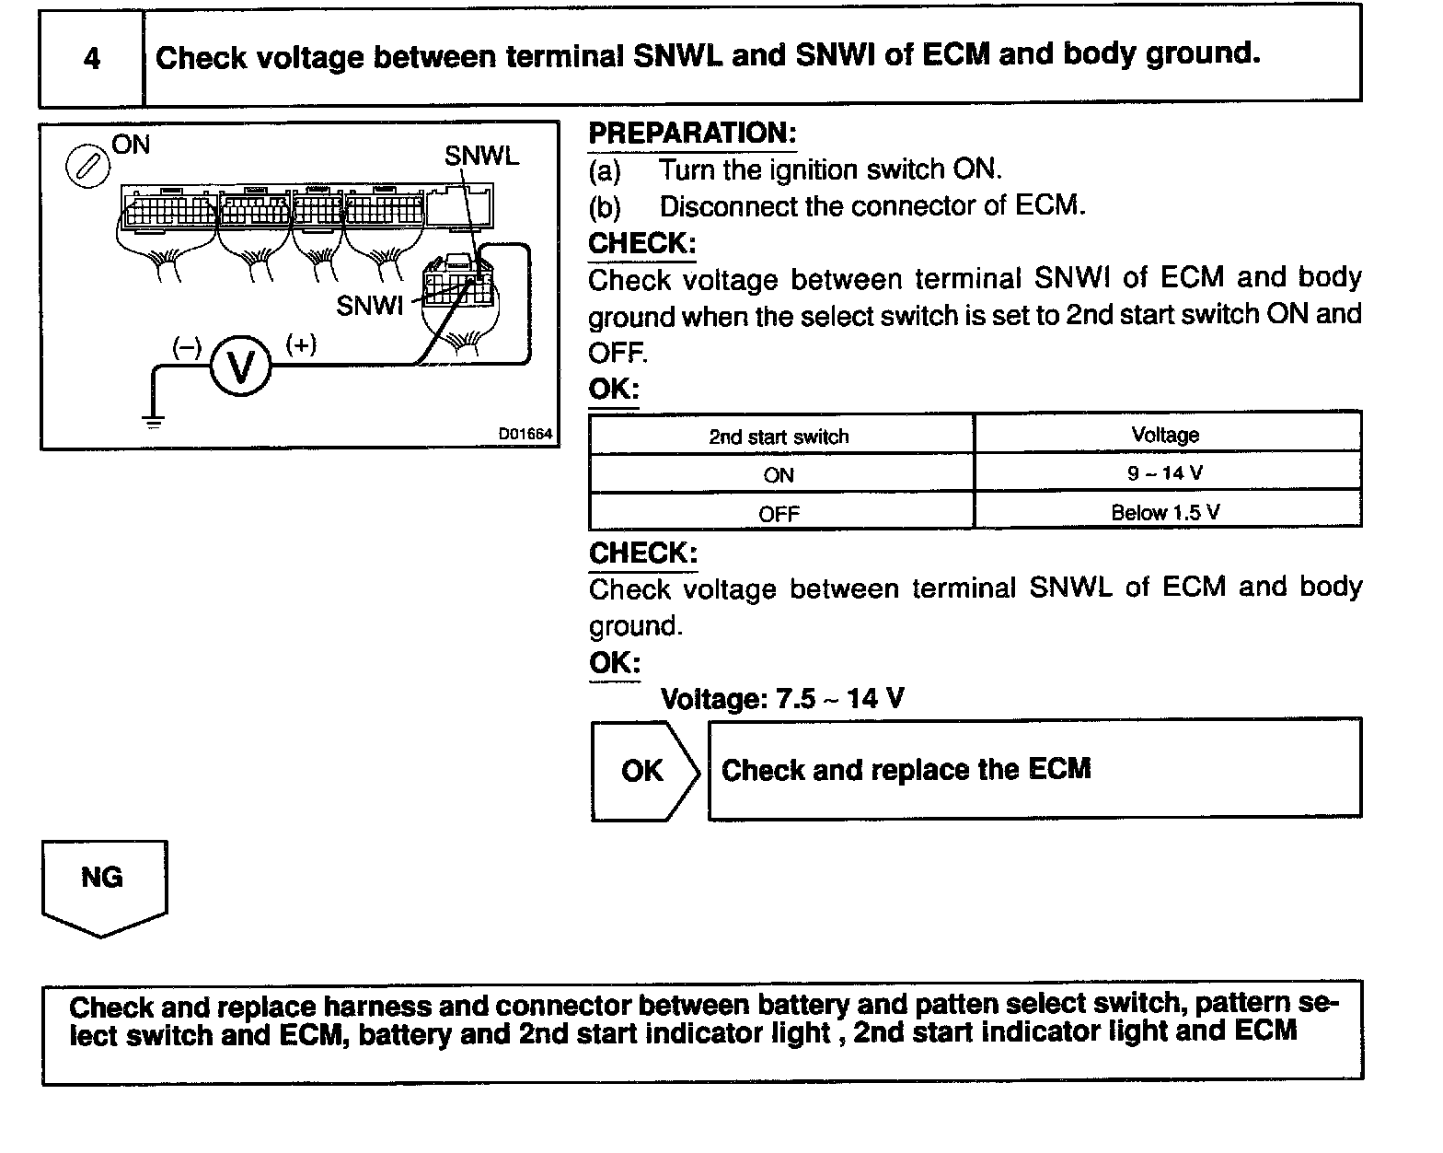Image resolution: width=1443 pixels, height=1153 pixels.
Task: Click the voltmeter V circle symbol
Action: (241, 367)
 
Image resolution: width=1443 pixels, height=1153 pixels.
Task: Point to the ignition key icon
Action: (87, 168)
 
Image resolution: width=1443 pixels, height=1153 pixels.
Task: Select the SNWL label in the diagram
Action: (481, 157)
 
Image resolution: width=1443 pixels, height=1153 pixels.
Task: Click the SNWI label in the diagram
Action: (370, 306)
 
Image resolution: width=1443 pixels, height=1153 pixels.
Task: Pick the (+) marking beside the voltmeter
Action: (301, 344)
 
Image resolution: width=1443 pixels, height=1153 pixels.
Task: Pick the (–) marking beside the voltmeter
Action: (187, 346)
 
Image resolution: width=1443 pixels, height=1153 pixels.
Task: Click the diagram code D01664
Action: (525, 434)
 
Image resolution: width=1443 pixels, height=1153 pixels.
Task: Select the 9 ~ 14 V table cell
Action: (1166, 473)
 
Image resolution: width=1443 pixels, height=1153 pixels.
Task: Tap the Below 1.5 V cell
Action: (1166, 512)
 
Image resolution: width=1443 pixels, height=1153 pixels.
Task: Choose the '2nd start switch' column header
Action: (779, 437)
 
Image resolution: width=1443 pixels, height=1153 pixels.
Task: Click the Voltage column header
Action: (1166, 435)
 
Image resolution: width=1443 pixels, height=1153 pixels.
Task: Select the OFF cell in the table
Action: (779, 514)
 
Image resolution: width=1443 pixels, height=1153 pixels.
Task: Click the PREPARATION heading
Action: (692, 134)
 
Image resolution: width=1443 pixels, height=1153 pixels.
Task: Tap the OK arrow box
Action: (644, 770)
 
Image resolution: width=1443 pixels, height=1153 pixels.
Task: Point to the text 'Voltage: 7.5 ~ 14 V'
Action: (782, 699)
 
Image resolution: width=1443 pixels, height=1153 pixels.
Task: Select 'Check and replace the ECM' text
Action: (906, 769)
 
